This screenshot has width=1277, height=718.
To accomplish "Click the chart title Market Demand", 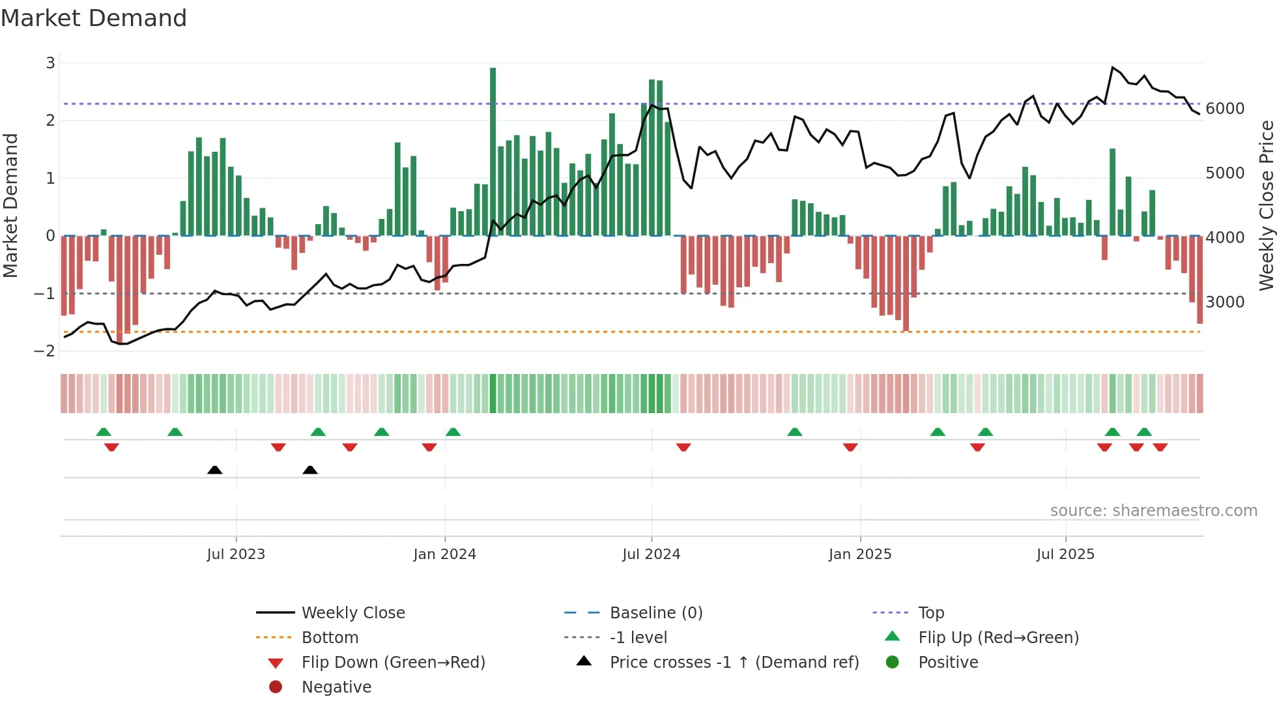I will coord(94,18).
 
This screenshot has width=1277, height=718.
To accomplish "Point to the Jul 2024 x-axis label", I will coord(651,554).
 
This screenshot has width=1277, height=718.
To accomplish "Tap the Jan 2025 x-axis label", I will coord(860,554).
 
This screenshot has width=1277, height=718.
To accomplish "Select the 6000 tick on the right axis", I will coord(1225,109).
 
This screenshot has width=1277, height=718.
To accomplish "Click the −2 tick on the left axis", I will coord(45,351).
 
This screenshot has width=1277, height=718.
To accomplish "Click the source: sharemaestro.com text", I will coord(1153,511).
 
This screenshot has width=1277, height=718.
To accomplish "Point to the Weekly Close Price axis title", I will coord(1266,205).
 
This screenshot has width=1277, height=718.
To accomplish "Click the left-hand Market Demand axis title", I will coord(10,205).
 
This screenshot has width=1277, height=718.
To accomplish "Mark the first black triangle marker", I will coord(214,470).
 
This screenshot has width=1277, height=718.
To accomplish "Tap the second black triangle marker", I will coord(310,470).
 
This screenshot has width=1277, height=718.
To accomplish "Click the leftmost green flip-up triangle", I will coord(104,432).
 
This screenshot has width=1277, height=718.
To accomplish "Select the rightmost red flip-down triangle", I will coord(1160,447).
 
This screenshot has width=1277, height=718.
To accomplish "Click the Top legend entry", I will coord(930,613).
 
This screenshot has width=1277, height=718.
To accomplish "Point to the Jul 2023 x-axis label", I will coord(236,554).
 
